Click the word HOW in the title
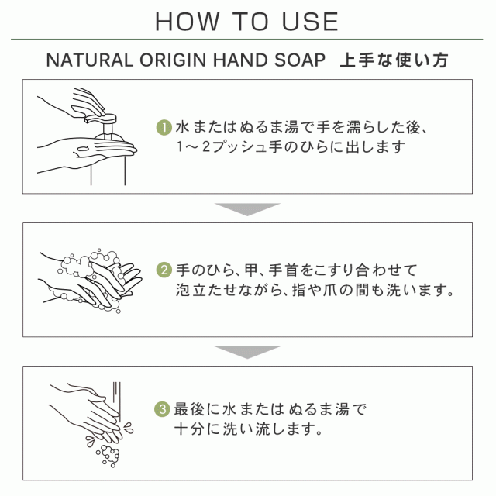pyautogui.click(x=187, y=22)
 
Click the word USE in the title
pyautogui.click(x=310, y=22)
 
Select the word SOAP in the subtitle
pyautogui.click(x=300, y=60)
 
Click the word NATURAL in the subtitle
pyautogui.click(x=90, y=60)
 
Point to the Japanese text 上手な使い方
pyautogui.click(x=394, y=60)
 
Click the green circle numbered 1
pyautogui.click(x=164, y=127)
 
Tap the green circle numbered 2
pyautogui.click(x=164, y=270)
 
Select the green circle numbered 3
pyautogui.click(x=162, y=409)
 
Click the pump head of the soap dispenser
pyautogui.click(x=101, y=119)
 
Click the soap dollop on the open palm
pyautogui.click(x=83, y=148)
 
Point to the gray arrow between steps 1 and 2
pyautogui.click(x=247, y=209)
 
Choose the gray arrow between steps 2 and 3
pyautogui.click(x=247, y=353)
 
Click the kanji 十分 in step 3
pyautogui.click(x=189, y=429)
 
